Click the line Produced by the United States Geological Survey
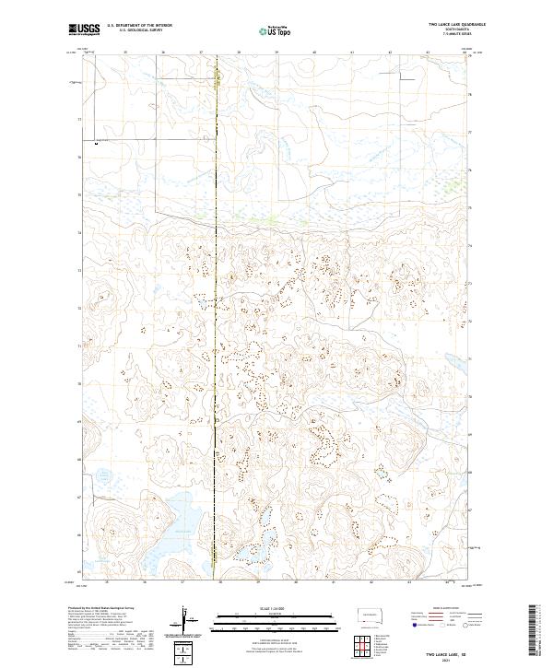pos(102,609)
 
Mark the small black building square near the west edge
pos(97,143)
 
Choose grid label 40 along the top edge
pos(314,53)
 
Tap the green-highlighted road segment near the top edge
pos(218,79)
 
